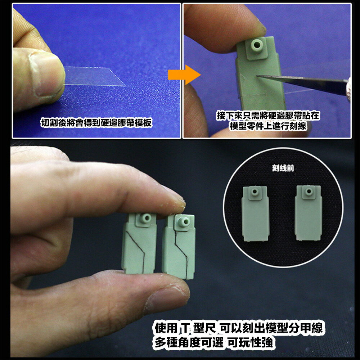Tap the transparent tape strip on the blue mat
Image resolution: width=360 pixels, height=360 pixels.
tap(95, 77)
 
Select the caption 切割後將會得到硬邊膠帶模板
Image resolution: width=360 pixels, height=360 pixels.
tap(96, 123)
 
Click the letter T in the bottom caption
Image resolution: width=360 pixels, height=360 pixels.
tap(185, 329)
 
